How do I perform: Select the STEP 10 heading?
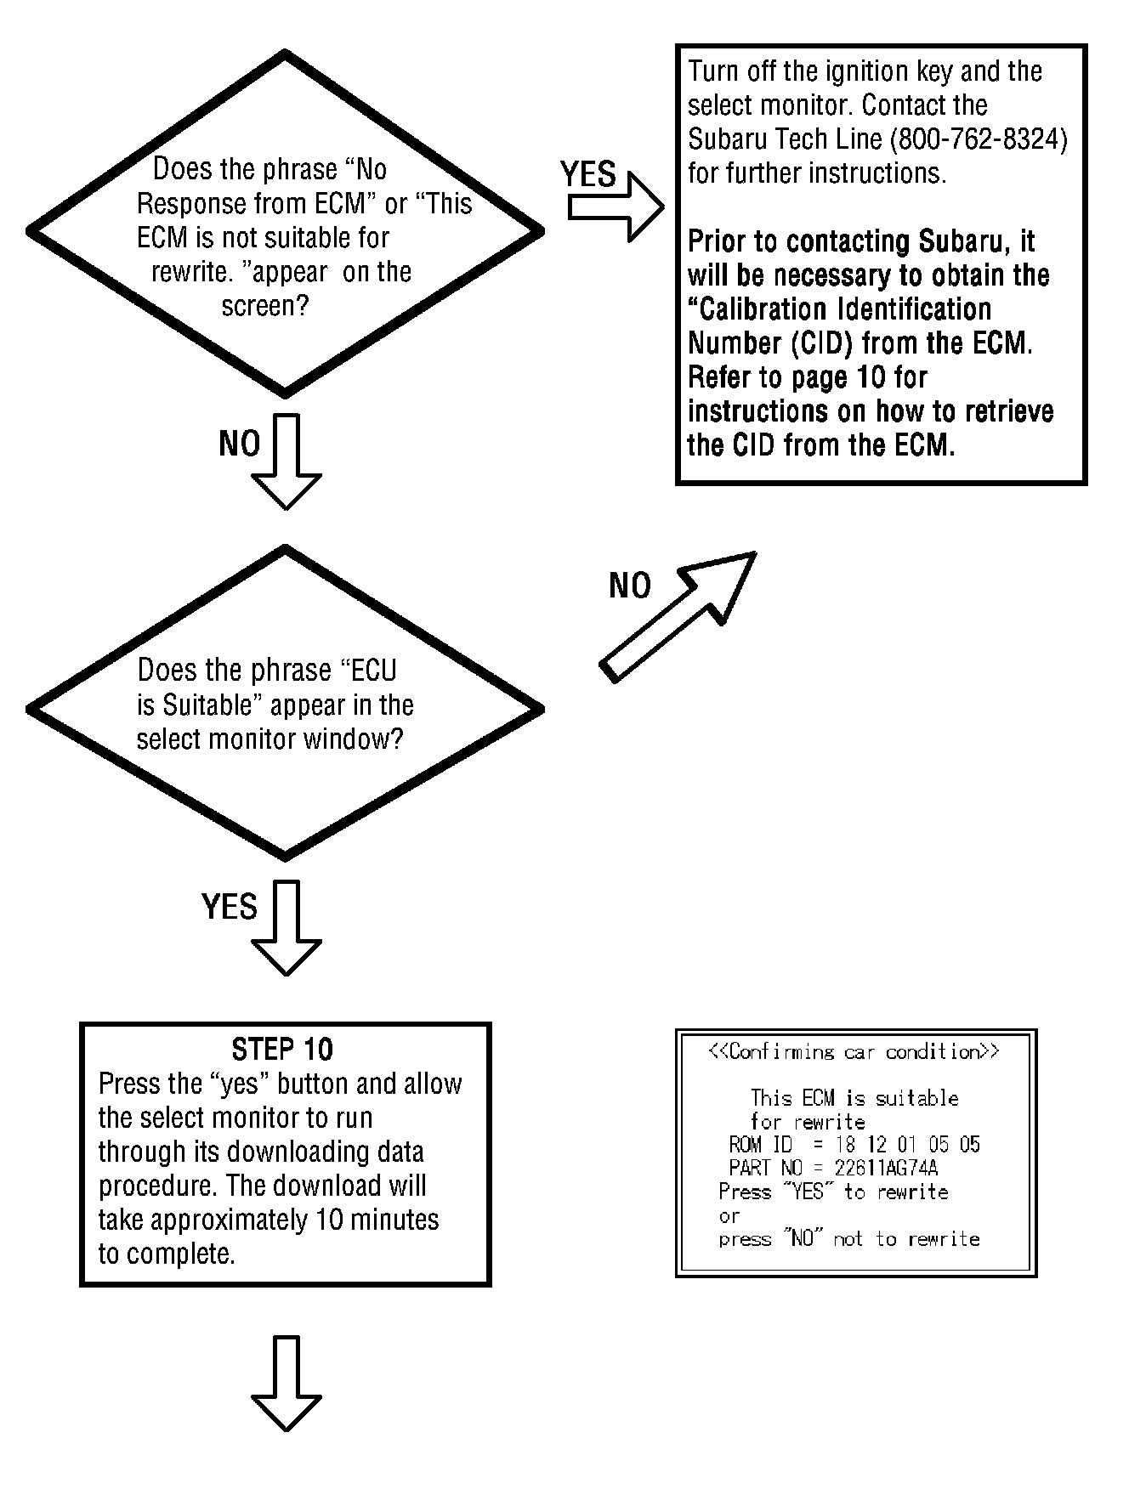pos(282,1050)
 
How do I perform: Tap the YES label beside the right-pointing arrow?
pos(587,174)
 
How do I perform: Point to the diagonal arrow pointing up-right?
pos(678,616)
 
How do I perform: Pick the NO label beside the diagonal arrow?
pos(630,586)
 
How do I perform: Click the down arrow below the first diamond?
pos(287,462)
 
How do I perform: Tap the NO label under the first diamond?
pos(240,444)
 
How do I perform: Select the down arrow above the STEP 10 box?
pos(287,928)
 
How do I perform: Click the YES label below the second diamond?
pos(230,907)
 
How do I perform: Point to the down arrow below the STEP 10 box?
pos(287,1384)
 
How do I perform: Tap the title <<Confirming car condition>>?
pos(854,1052)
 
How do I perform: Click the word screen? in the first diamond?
pos(264,306)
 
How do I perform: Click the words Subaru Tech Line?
pos(786,139)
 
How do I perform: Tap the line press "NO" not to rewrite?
pos(849,1239)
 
